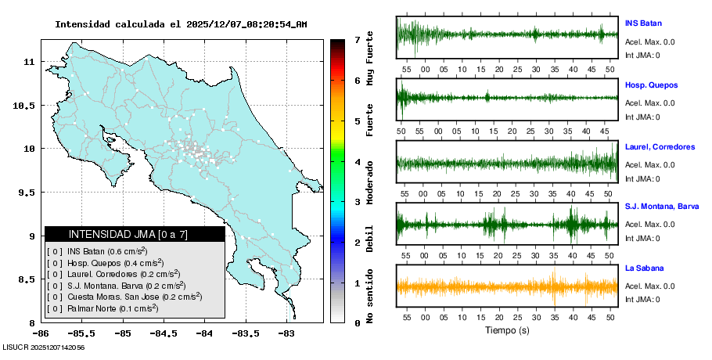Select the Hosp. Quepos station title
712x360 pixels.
(651, 85)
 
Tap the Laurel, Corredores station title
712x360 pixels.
(660, 146)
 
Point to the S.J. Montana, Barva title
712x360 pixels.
(662, 206)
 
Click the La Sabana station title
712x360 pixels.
(644, 268)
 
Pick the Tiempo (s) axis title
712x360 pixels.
(507, 330)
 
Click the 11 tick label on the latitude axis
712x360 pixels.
(28, 61)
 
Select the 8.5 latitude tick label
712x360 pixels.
(25, 279)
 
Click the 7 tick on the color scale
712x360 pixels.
(357, 39)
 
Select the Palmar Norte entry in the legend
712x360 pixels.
(105, 309)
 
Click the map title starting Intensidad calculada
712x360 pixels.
(181, 24)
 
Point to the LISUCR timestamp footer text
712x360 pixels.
(44, 346)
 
